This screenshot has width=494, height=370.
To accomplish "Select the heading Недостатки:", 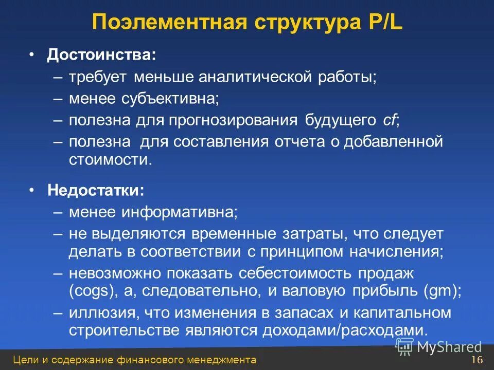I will point(96,191).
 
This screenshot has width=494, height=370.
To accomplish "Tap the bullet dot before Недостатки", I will point(32,191).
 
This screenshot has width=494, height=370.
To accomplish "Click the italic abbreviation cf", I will point(389,120).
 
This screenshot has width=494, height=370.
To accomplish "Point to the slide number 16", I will point(477,359).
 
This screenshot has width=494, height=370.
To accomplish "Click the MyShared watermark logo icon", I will point(404,346).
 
